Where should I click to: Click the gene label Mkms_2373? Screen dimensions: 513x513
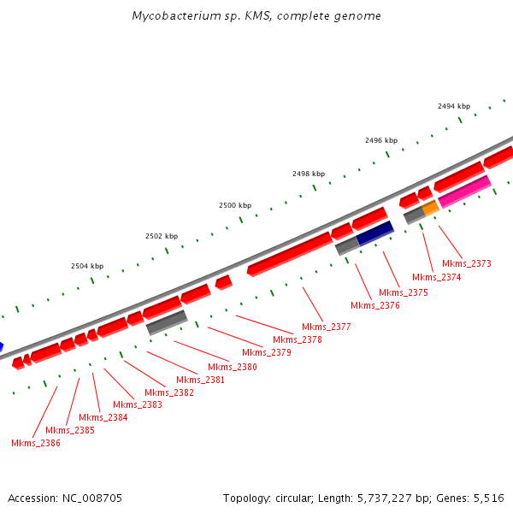coord(467,263)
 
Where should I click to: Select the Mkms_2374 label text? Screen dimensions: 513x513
coord(437,277)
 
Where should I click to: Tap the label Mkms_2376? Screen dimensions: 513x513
coord(375,305)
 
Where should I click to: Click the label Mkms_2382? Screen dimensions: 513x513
coord(169,392)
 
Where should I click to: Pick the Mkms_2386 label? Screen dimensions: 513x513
coord(36,443)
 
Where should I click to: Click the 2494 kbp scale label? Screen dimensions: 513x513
coord(454,106)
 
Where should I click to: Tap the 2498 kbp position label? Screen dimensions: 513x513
coord(309,173)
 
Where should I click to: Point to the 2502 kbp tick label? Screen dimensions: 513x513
coord(162,236)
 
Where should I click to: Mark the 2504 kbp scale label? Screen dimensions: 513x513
coord(87,266)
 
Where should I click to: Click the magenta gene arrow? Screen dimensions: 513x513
coord(464,191)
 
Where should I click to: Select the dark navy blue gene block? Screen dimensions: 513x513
coord(374,233)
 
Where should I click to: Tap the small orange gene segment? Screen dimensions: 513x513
coord(431,208)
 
